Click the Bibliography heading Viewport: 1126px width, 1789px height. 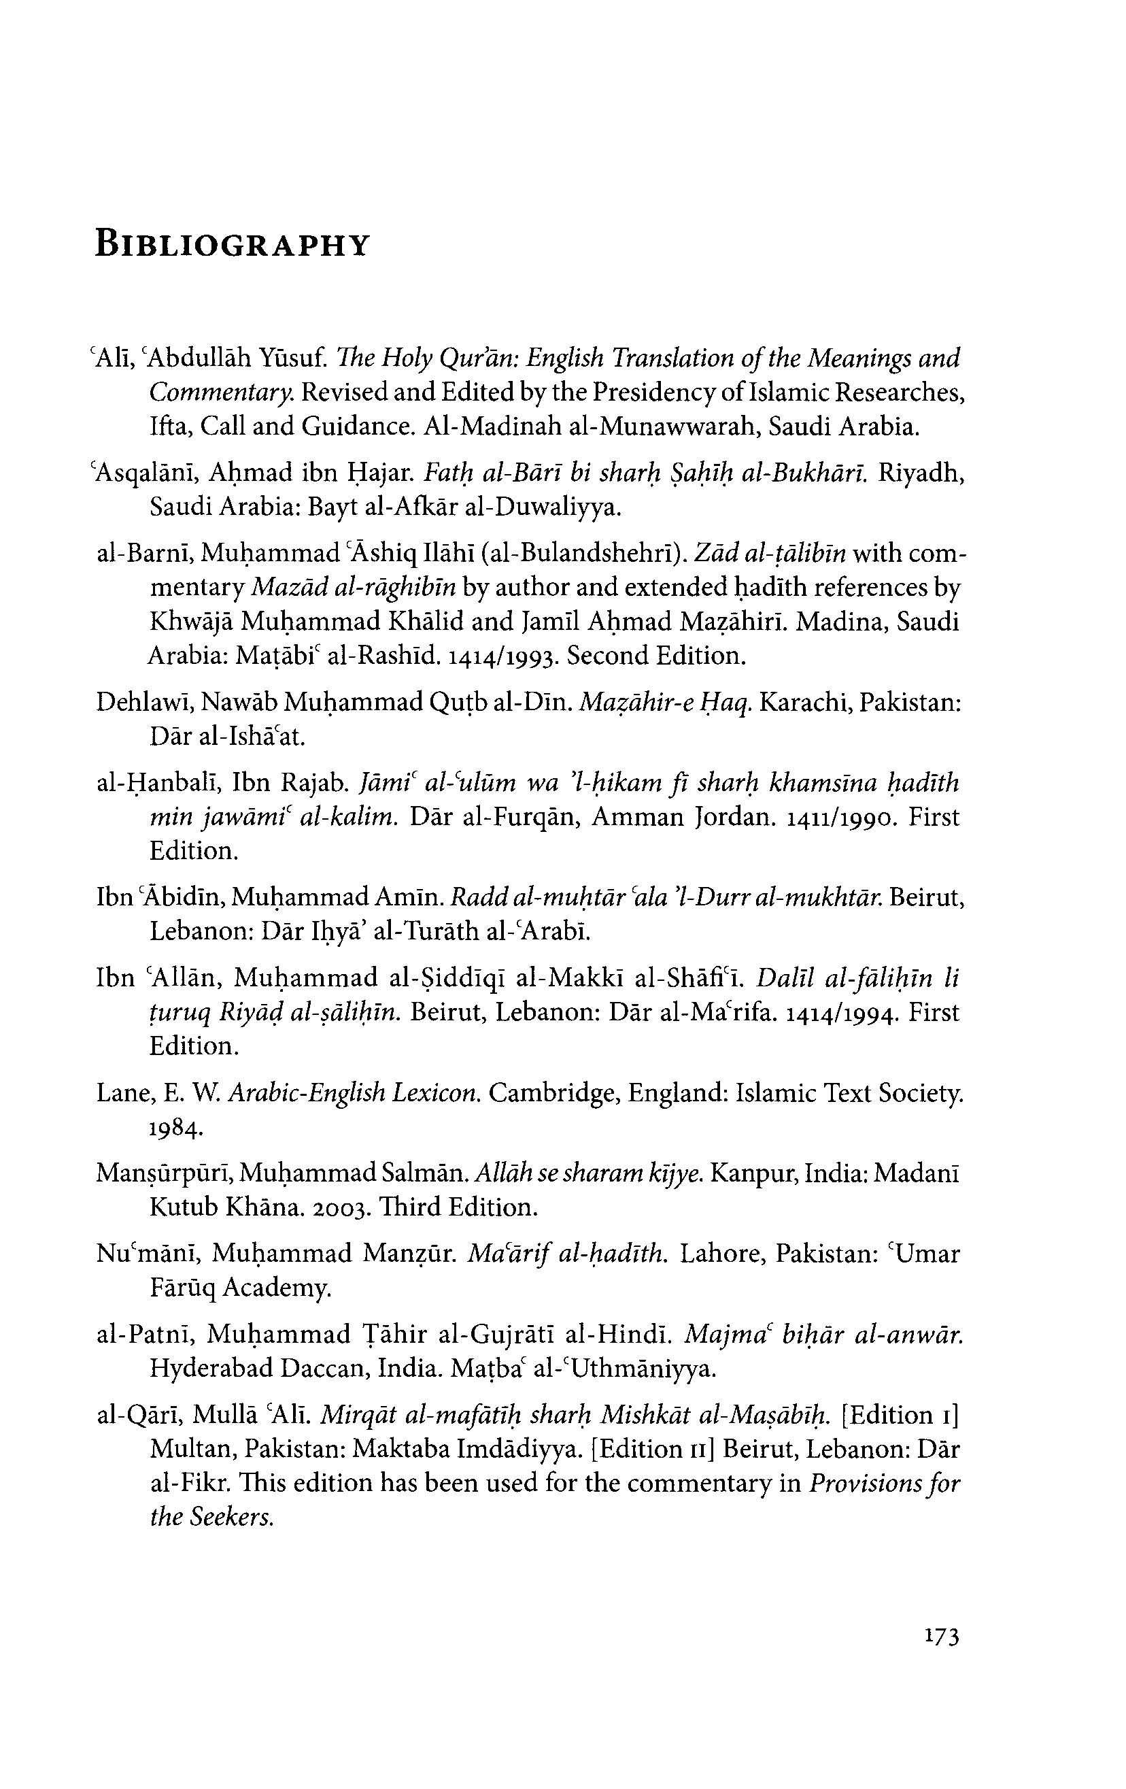tap(233, 244)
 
